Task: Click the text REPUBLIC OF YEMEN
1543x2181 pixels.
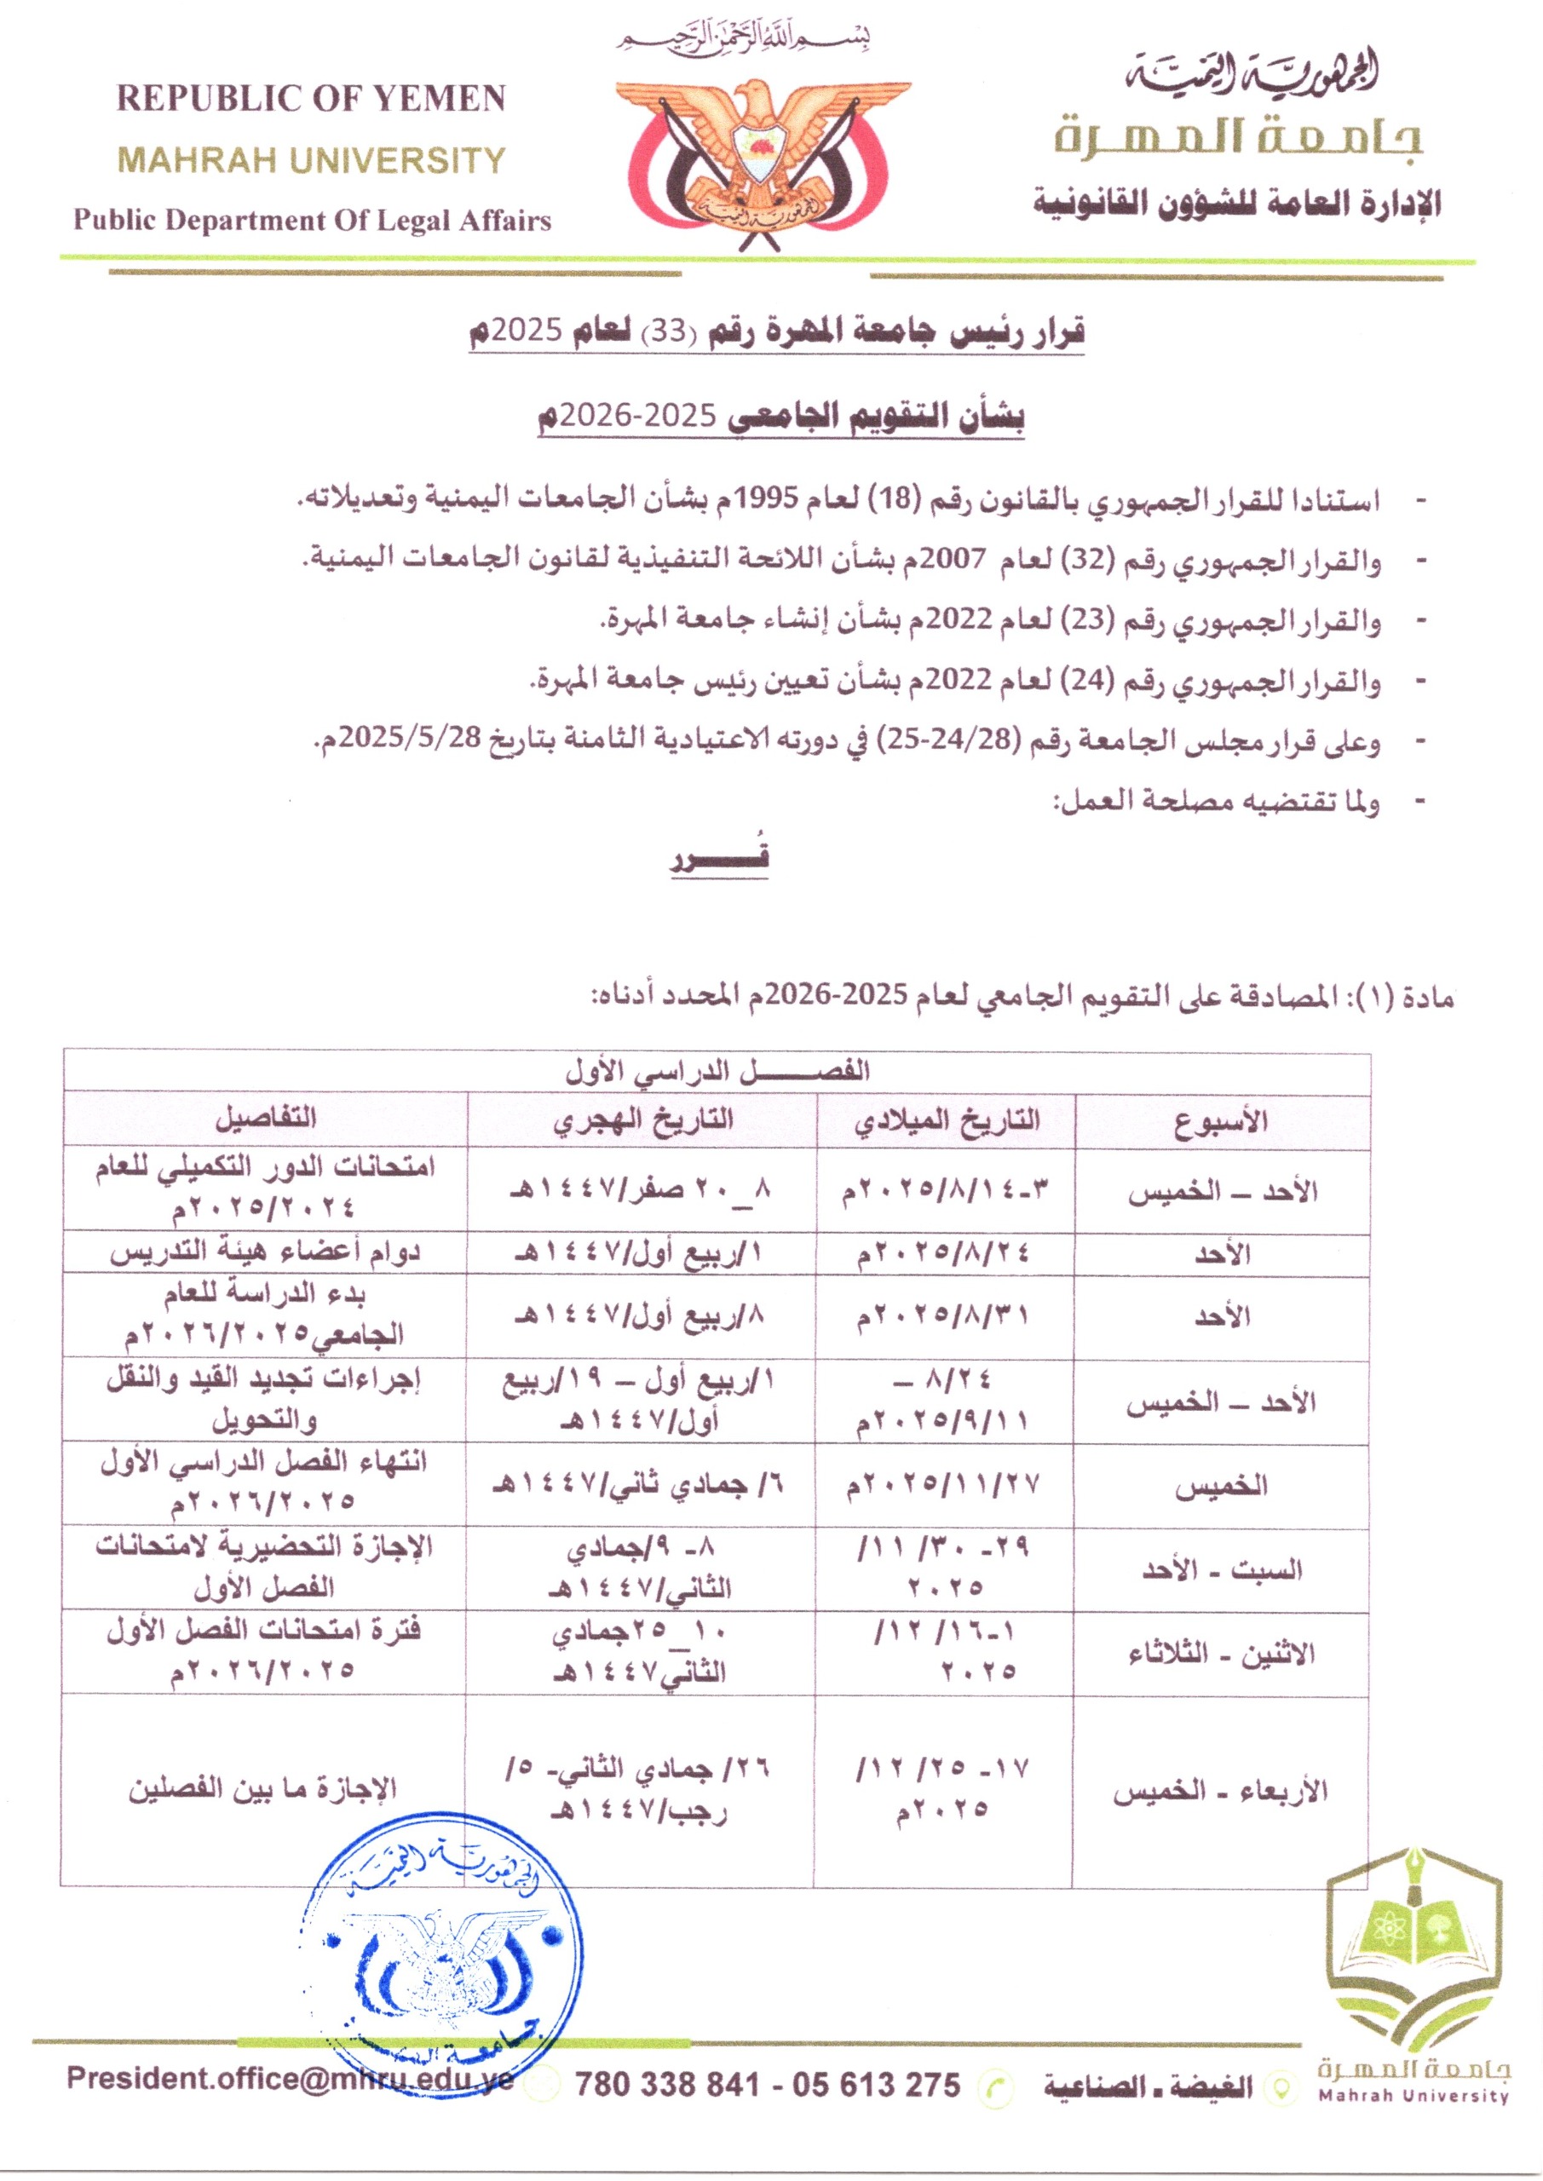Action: coord(311,99)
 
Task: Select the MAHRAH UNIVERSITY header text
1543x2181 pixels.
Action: coord(311,159)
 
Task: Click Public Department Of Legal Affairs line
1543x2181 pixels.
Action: coord(313,221)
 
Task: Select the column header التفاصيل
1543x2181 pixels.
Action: coord(265,1118)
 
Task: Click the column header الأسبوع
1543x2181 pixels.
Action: coord(1222,1121)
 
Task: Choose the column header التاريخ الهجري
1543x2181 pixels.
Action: coord(643,1119)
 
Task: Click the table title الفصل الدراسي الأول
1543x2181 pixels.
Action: coord(717,1073)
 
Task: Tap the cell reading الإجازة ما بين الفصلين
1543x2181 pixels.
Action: coord(263,1789)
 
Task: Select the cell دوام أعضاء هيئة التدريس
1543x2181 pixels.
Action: coord(265,1253)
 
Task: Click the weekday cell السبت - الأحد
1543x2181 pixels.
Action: coord(1222,1569)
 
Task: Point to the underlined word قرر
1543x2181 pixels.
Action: coord(720,858)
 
